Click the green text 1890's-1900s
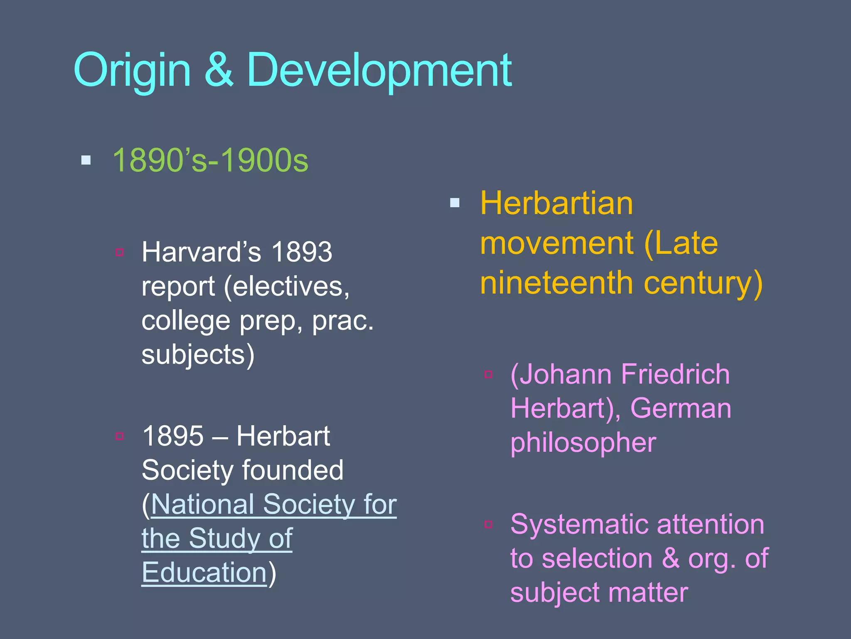click(x=210, y=160)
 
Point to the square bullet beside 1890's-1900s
click(x=86, y=160)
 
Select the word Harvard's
click(x=202, y=252)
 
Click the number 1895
click(x=173, y=436)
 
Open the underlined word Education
click(x=204, y=573)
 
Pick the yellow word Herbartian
click(x=556, y=203)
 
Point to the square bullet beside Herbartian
click(x=455, y=203)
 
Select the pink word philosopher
click(x=583, y=443)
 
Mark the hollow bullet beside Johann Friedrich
click(x=489, y=374)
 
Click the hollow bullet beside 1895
click(x=120, y=436)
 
